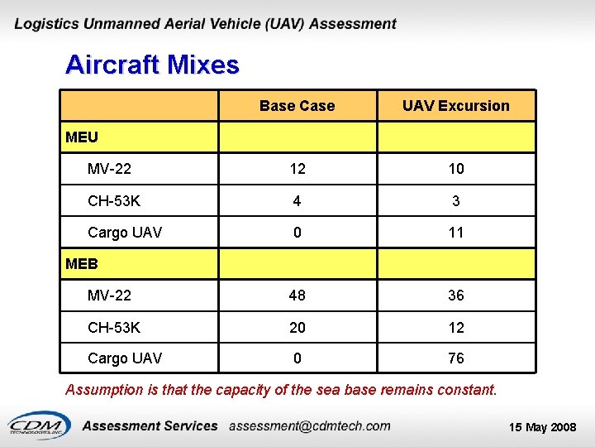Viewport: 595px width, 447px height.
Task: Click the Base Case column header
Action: [x=297, y=106]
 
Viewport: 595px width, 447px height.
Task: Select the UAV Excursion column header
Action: [x=455, y=106]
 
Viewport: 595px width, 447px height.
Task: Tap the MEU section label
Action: [x=81, y=137]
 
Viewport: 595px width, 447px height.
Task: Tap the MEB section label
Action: [x=81, y=264]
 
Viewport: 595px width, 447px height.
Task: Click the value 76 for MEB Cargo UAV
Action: [x=455, y=358]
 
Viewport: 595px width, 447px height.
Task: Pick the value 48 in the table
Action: [x=297, y=296]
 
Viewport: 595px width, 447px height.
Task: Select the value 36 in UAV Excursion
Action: [x=455, y=296]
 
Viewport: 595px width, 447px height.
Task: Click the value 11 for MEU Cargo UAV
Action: [x=455, y=233]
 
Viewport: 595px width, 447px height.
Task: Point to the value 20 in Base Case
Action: [x=297, y=328]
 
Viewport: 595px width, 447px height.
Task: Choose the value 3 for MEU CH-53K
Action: [x=455, y=201]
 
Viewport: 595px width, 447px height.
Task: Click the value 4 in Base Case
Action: [x=297, y=201]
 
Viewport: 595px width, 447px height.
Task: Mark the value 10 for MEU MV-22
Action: [x=455, y=169]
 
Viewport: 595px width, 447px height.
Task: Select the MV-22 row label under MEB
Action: [x=109, y=296]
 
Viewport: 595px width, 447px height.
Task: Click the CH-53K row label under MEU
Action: [x=114, y=201]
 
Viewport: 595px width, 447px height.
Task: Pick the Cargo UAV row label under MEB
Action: [x=124, y=358]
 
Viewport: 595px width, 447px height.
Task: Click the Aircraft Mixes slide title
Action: [x=152, y=65]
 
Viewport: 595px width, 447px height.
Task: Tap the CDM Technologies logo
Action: [x=36, y=424]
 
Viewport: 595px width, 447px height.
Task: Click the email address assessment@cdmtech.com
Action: [x=309, y=425]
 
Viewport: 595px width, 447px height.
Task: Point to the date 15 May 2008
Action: [x=542, y=427]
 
